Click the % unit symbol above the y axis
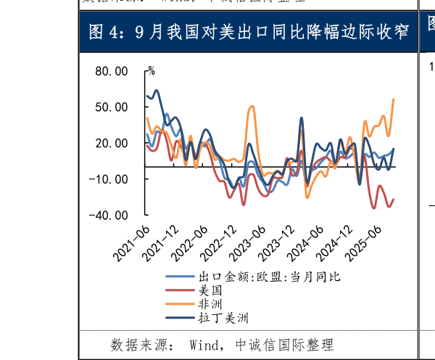coord(151,71)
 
